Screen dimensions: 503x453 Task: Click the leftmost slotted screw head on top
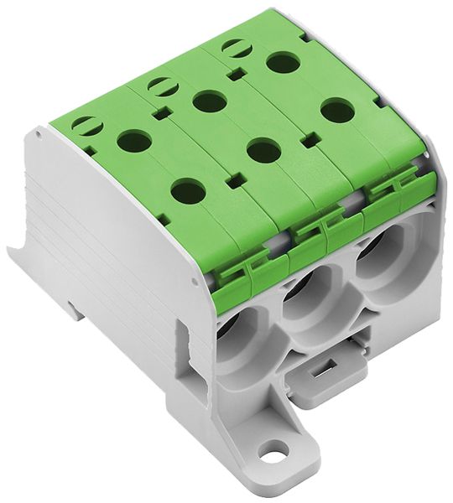click(86, 126)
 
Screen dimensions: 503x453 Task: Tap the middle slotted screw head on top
click(159, 85)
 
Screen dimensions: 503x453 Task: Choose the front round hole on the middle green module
click(263, 151)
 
